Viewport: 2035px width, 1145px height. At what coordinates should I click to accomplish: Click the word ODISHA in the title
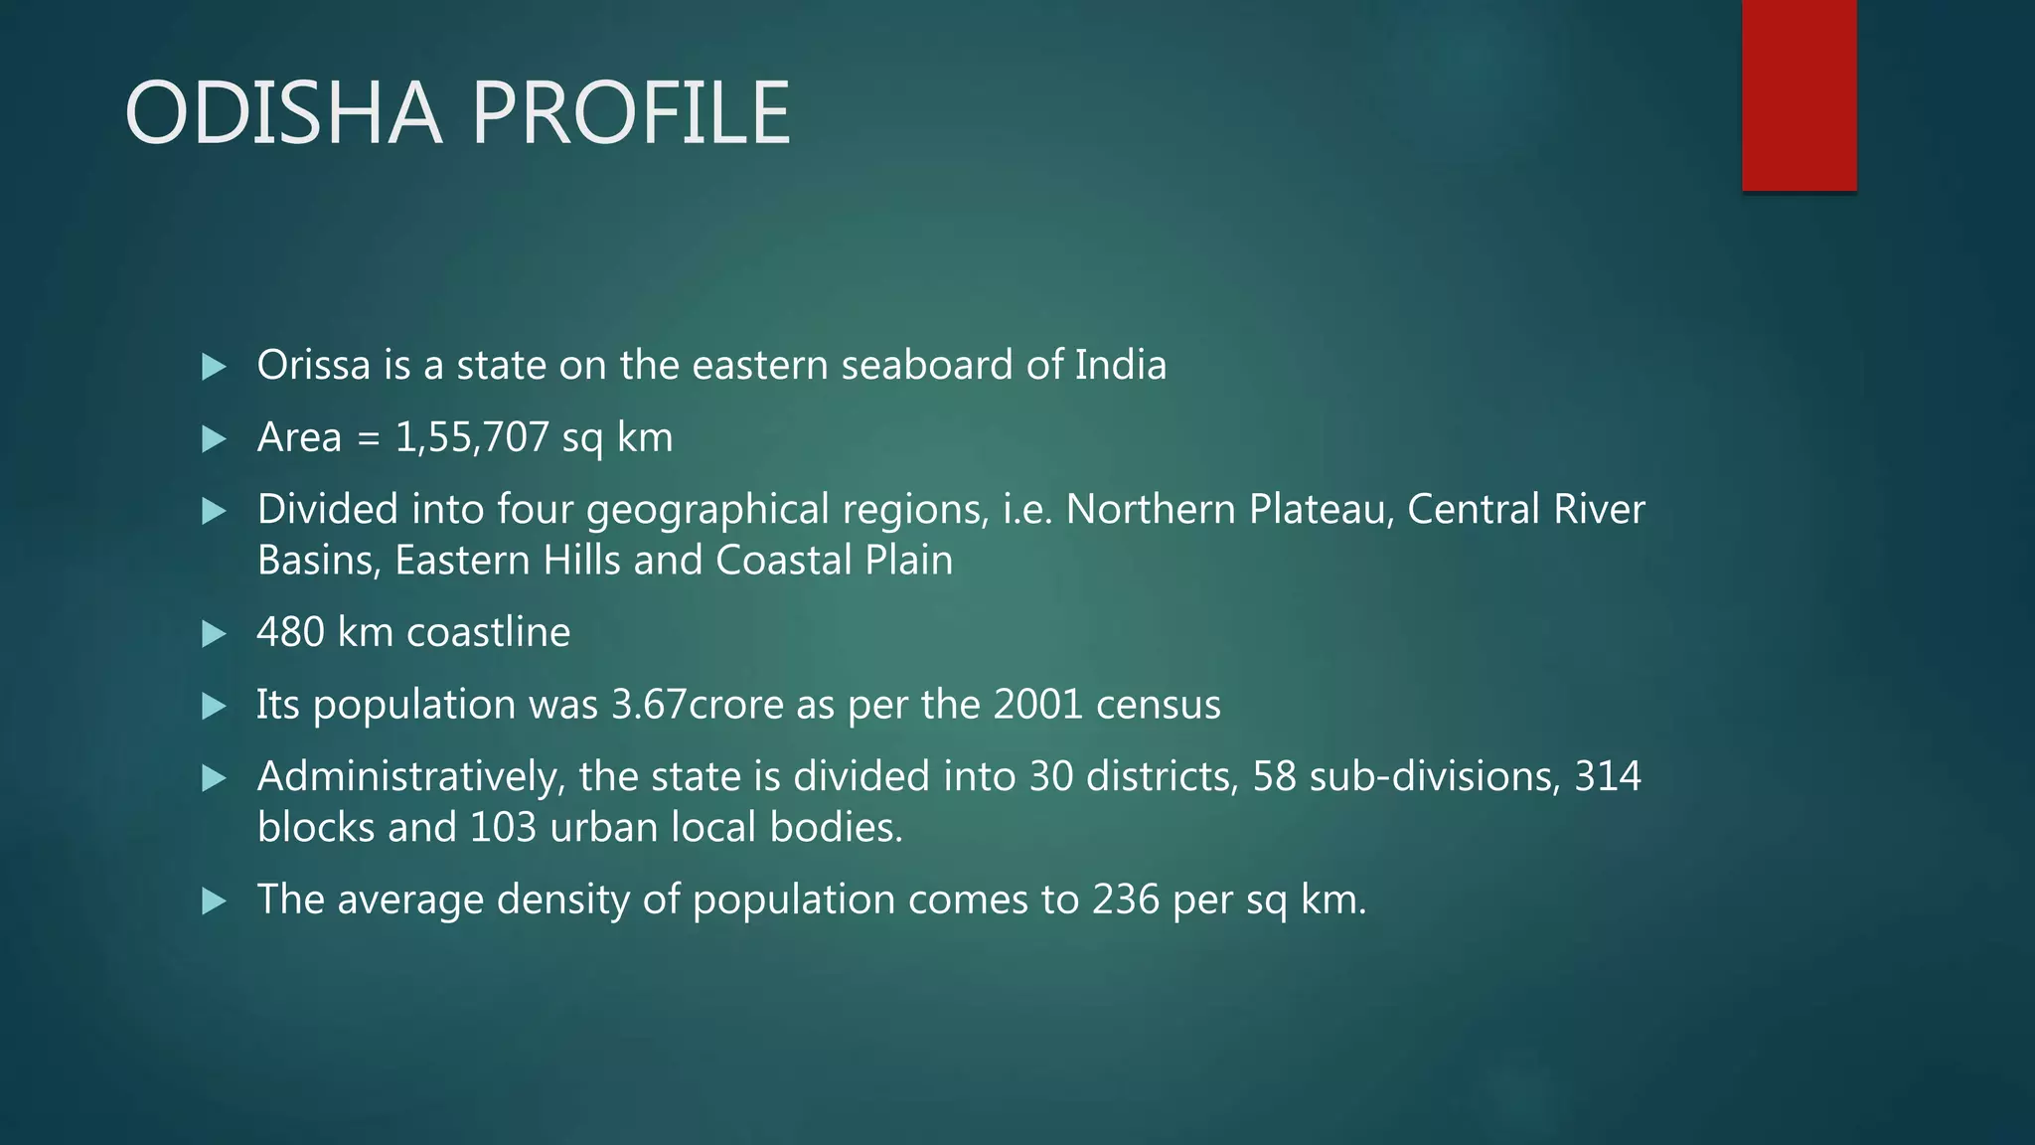(282, 113)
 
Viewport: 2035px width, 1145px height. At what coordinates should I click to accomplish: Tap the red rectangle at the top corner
(1799, 95)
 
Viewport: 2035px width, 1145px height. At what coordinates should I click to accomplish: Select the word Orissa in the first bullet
(314, 366)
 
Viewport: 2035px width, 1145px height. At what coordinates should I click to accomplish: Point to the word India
(1120, 366)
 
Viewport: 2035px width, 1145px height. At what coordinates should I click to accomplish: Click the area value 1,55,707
(472, 437)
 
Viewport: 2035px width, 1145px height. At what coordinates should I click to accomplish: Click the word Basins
(318, 561)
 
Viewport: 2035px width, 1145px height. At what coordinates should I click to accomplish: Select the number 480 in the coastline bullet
(291, 632)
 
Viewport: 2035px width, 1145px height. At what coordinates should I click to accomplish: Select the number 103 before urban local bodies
(503, 827)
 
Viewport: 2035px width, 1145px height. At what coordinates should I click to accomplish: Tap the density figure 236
(1126, 900)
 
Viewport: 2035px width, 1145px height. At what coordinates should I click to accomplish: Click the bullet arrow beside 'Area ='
(214, 438)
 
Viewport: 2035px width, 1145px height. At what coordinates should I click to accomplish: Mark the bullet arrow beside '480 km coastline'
(214, 633)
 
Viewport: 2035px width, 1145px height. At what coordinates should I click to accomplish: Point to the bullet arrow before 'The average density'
(214, 900)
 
